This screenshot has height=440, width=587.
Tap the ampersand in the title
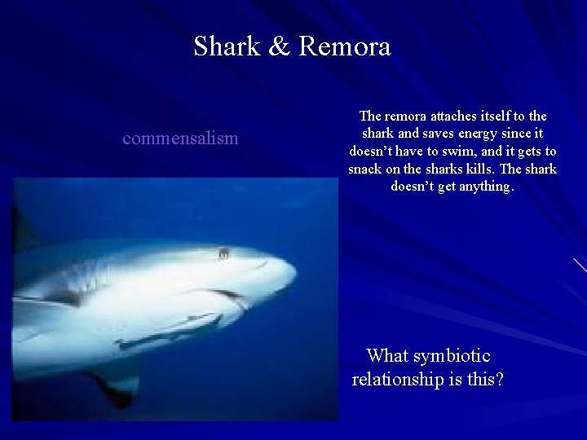pyautogui.click(x=277, y=46)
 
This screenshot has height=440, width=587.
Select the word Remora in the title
pyautogui.click(x=345, y=46)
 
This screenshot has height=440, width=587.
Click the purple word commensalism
pyautogui.click(x=180, y=138)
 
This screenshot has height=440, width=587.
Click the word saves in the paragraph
pyautogui.click(x=431, y=134)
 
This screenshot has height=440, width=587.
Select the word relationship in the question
pyautogui.click(x=397, y=379)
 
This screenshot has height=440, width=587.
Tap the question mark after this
pyautogui.click(x=499, y=379)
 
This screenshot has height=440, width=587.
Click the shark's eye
pyautogui.click(x=223, y=254)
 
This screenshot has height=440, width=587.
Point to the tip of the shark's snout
pyautogui.click(x=293, y=271)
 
